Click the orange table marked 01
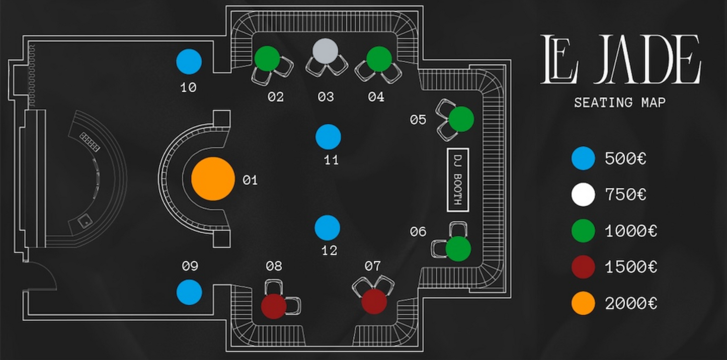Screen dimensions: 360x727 (x=213, y=179)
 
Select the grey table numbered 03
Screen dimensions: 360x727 (x=325, y=51)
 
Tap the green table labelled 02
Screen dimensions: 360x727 (x=267, y=59)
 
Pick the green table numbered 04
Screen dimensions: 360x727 (x=379, y=59)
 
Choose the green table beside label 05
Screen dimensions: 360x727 (x=461, y=119)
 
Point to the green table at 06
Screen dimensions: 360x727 (x=458, y=248)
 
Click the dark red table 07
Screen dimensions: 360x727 (x=374, y=301)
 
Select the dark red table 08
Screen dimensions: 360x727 (x=274, y=306)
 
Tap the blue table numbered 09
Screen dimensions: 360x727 (x=189, y=292)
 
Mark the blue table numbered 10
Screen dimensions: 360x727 (x=189, y=62)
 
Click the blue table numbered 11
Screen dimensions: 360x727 (x=328, y=137)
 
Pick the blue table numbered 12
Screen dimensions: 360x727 (x=328, y=227)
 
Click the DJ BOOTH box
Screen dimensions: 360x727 (x=457, y=179)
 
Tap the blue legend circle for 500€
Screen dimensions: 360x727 (x=583, y=159)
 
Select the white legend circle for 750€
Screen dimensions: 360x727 (x=583, y=195)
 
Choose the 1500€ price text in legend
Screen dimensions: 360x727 (x=631, y=267)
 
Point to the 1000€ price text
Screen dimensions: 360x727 (x=631, y=231)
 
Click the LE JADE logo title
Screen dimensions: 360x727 (x=620, y=59)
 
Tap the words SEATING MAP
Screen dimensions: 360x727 (x=620, y=103)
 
